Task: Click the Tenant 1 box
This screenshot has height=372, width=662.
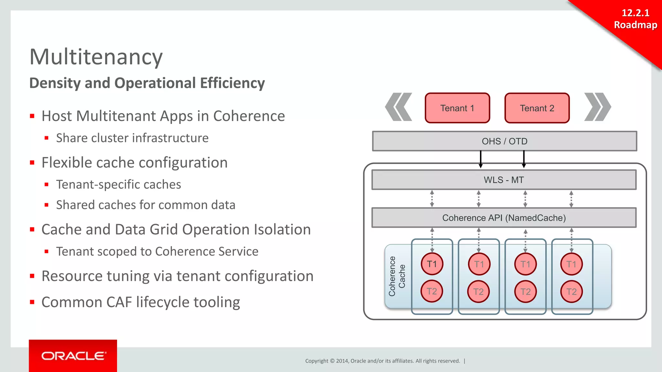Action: point(457,108)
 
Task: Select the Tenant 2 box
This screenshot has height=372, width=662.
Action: point(537,108)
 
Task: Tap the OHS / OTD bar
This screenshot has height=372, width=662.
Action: point(504,141)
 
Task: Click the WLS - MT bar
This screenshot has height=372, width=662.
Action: point(504,180)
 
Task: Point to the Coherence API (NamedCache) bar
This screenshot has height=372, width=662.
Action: point(504,218)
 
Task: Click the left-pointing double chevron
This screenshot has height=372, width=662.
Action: point(399,107)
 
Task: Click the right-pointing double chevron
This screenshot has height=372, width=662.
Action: point(597,107)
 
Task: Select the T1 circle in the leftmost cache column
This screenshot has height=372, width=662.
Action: point(432,264)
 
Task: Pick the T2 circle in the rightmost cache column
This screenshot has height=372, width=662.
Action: point(571,292)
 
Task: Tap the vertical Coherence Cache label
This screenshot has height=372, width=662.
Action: point(397,276)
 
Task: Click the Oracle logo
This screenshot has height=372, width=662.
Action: point(73,356)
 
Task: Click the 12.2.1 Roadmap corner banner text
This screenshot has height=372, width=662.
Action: point(635,19)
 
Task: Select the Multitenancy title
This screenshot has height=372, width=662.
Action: point(96,57)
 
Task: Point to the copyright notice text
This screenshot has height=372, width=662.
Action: point(382,361)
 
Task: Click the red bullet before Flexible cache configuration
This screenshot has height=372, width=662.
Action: point(32,163)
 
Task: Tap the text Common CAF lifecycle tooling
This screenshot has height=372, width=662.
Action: point(141,302)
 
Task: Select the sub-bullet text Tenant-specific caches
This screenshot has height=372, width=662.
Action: point(118,184)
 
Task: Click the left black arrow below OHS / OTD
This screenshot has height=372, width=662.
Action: point(481,159)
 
